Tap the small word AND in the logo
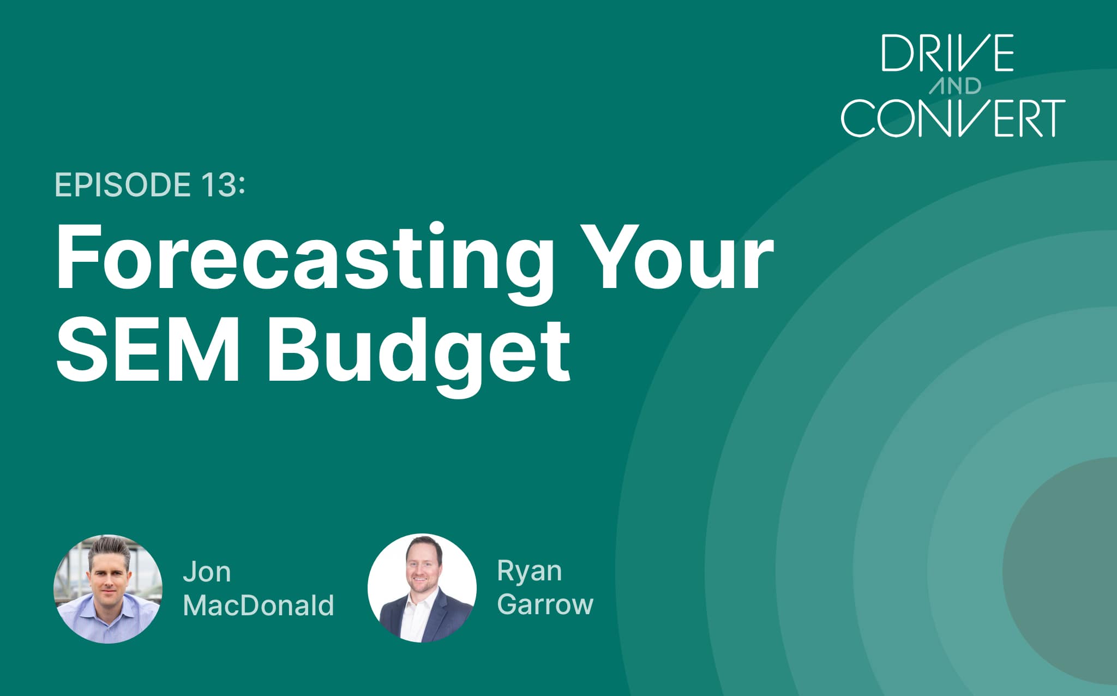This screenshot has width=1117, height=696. [955, 86]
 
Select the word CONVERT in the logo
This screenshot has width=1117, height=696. [953, 118]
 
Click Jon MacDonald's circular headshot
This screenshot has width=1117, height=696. [108, 589]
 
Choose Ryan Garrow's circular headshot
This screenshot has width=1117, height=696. [422, 588]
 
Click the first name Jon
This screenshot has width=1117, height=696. [207, 572]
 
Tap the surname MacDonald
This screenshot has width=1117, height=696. [259, 605]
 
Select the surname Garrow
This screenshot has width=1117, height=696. [545, 604]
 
